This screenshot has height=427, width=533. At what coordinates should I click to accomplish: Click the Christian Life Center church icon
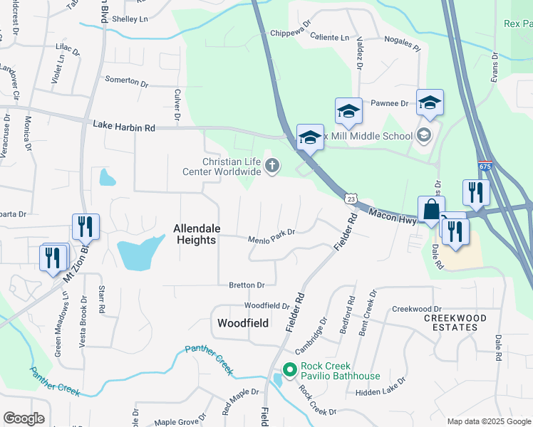[x=271, y=167]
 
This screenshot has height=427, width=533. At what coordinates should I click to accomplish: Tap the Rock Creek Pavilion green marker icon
[x=289, y=370]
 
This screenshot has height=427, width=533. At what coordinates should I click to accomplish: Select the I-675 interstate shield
[x=485, y=167]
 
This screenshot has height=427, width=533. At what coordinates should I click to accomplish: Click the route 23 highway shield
[x=351, y=201]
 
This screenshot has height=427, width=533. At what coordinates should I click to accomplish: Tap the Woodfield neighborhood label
[x=242, y=323]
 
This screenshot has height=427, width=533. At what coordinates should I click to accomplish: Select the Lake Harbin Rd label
[x=123, y=126]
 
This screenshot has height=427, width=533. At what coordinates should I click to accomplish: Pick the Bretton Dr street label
[x=247, y=285]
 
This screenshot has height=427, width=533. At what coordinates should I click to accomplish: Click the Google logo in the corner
[x=24, y=418]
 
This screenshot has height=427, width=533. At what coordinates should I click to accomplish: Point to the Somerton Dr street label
[x=126, y=81]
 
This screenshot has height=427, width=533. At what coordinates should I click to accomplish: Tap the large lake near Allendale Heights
[x=138, y=253]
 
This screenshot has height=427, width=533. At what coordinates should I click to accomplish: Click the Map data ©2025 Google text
[x=487, y=421]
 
